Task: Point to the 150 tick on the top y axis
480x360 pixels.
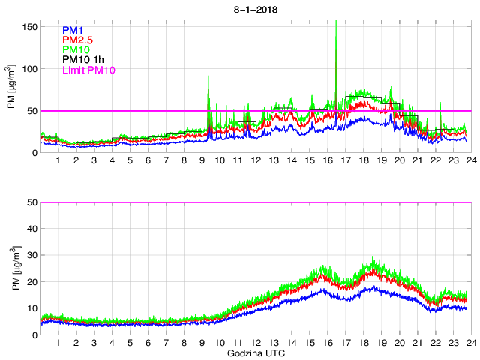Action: coord(29,27)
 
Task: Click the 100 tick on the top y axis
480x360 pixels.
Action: coord(29,69)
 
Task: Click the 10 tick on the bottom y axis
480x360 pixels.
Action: coord(31,308)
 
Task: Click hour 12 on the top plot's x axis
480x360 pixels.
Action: coord(256,161)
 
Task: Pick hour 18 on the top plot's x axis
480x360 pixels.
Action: coord(363,161)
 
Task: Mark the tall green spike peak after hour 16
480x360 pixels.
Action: coord(336,22)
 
